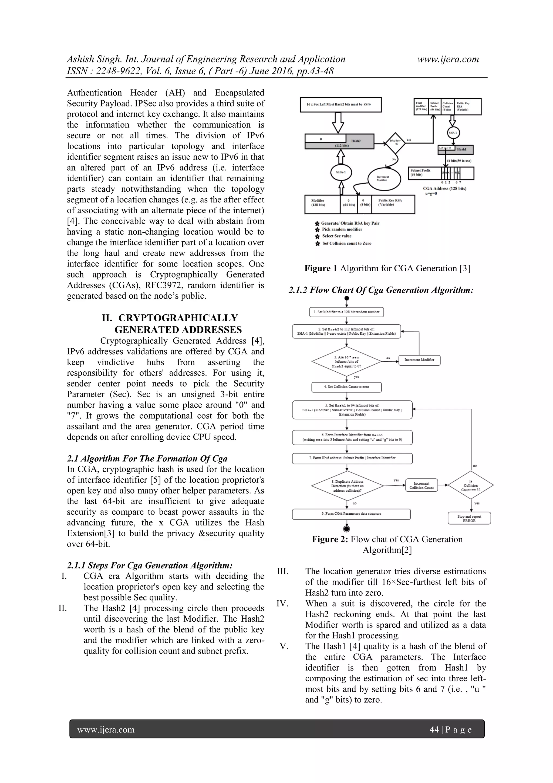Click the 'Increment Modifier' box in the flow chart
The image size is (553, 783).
419,360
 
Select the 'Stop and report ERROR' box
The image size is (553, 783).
469,518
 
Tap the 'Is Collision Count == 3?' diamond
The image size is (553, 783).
471,485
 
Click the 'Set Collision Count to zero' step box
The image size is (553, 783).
346,387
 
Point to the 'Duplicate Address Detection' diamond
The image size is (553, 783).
347,486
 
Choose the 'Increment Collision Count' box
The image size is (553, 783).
422,485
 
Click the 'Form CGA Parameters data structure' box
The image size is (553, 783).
351,514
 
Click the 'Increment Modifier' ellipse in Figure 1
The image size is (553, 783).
382,178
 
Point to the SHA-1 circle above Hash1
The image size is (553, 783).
453,133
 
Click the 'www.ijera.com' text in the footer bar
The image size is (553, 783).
106,730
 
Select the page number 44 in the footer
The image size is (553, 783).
434,729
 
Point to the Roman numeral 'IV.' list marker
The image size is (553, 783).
282,604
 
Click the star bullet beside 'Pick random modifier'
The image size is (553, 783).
317,230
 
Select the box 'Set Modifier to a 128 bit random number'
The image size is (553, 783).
346,312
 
